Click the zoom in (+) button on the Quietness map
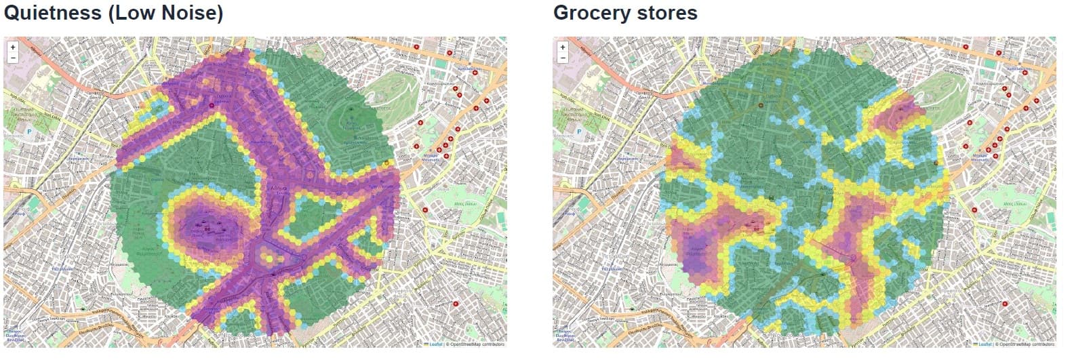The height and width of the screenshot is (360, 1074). (12, 47)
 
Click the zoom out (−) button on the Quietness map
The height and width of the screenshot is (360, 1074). (12, 58)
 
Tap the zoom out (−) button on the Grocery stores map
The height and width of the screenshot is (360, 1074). (561, 58)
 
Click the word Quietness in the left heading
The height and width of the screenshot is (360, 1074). (52, 13)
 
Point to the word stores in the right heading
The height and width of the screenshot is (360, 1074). (665, 13)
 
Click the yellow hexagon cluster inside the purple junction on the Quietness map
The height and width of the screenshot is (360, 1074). (269, 256)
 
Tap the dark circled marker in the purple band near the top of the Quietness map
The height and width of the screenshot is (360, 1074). (212, 106)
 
